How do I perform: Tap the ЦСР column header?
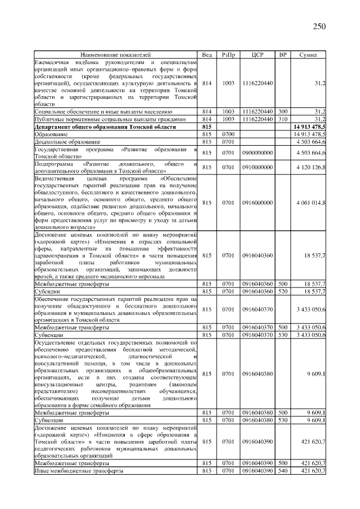pos(258,55)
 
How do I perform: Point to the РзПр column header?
pos(228,55)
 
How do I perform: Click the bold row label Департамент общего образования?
pos(105,127)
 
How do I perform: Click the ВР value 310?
pos(283,119)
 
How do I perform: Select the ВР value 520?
pos(283,291)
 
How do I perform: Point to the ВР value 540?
pos(283,470)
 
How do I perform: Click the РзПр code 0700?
pos(228,134)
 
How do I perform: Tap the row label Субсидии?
pos(48,291)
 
